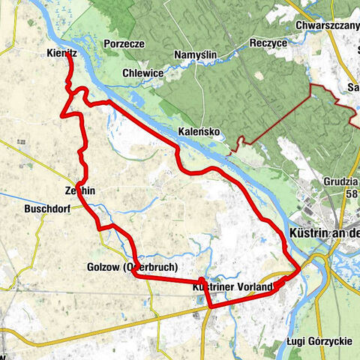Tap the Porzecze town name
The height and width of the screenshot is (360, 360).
pyautogui.click(x=124, y=43)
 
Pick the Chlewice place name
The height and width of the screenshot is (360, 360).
pyautogui.click(x=144, y=73)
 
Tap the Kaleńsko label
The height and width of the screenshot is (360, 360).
pyautogui.click(x=198, y=132)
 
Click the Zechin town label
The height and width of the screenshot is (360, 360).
pyautogui.click(x=80, y=191)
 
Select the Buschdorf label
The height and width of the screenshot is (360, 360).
pyautogui.click(x=46, y=209)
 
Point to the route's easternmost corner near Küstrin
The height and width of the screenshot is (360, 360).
pyautogui.click(x=301, y=267)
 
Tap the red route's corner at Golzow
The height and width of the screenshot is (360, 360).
pyautogui.click(x=135, y=275)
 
